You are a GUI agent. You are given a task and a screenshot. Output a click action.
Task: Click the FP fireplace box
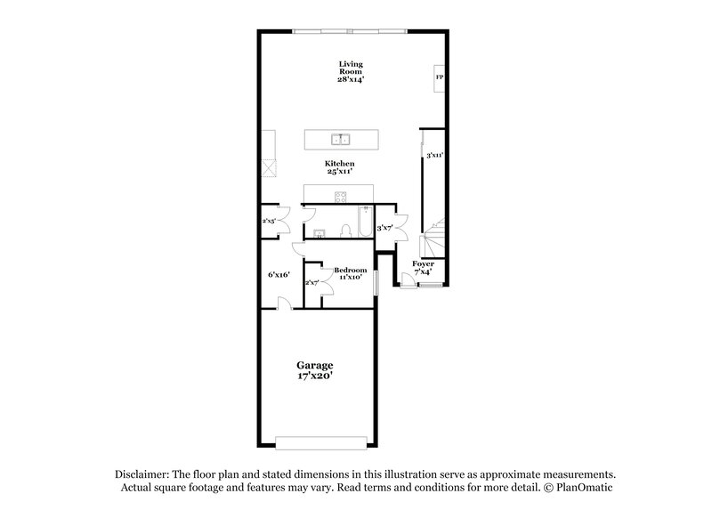(439, 78)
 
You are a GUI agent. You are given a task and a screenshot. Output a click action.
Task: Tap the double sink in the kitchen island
(340, 140)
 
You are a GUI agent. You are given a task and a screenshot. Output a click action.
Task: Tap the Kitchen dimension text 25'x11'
(340, 173)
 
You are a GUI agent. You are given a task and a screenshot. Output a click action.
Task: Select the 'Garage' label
(315, 365)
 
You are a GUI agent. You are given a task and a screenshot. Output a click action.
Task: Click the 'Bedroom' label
(350, 270)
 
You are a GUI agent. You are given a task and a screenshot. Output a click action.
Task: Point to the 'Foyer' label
(424, 263)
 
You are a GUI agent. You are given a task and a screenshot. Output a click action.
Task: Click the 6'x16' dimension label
(279, 275)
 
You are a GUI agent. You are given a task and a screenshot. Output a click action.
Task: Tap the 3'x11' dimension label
(434, 156)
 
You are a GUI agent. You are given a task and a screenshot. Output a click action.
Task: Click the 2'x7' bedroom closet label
(312, 283)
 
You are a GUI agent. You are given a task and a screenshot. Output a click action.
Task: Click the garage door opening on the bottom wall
(321, 441)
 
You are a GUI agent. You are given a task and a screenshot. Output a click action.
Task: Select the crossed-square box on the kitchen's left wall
(268, 167)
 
